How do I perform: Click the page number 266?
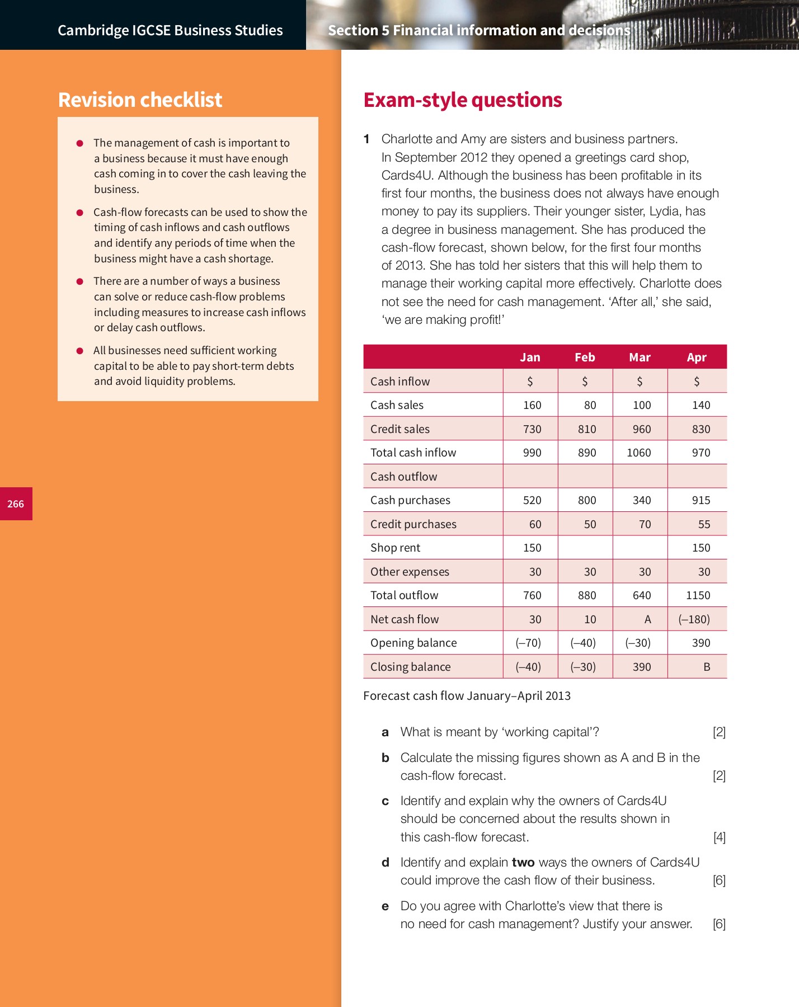pos(16,504)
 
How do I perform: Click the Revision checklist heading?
pos(140,100)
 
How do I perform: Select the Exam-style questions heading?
pos(462,100)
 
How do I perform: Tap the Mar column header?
pos(640,357)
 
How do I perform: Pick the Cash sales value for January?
pos(532,405)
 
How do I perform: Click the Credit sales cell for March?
pos(641,429)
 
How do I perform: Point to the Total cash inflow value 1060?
pos(638,453)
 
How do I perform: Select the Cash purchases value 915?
pos(701,500)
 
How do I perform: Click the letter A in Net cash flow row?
pos(647,619)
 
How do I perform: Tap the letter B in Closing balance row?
pos(707,667)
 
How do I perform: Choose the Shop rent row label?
pos(395,548)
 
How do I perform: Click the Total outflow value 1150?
pos(698,595)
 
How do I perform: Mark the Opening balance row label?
pos(413,643)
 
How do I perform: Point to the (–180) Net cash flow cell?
pos(694,619)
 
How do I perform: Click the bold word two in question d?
pos(523,862)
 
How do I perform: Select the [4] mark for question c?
pos(719,837)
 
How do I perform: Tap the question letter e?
pos(385,906)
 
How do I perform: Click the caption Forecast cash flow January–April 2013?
pos(467,695)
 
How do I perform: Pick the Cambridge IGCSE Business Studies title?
pos(170,30)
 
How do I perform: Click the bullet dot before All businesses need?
pos(80,351)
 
